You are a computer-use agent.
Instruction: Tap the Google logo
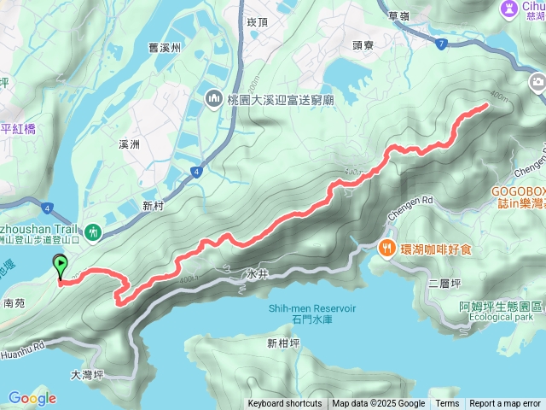coord(32,398)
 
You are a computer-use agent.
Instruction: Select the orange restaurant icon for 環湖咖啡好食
coord(386,249)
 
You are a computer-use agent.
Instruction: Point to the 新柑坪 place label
coord(282,343)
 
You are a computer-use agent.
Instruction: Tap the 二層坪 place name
coord(444,282)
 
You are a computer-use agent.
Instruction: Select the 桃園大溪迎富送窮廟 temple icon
coord(212,100)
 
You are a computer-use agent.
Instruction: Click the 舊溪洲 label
coord(165,48)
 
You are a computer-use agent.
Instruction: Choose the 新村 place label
coord(153,206)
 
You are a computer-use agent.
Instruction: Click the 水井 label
coord(256,275)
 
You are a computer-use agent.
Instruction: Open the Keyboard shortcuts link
coord(285,403)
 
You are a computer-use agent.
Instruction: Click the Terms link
coord(447,403)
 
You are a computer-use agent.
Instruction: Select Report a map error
coord(505,403)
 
